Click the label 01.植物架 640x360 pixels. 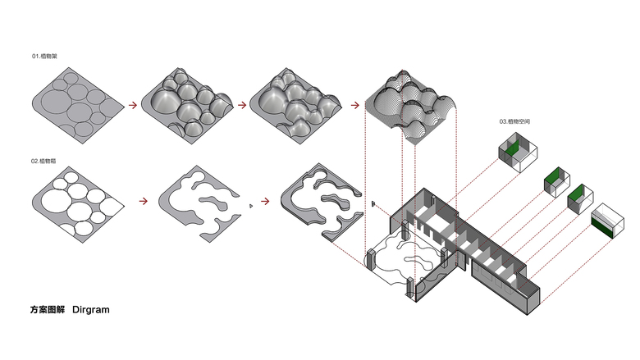44,57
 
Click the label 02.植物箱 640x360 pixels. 44,162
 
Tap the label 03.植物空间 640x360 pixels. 515,121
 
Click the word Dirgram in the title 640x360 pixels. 90,310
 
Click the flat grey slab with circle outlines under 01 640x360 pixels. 75,104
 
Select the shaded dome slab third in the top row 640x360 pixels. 294,105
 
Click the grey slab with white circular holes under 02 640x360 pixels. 75,206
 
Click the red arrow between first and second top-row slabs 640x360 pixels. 130,105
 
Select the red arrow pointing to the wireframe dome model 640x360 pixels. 353,105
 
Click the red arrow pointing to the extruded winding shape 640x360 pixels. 265,199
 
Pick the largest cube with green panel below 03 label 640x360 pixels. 517,151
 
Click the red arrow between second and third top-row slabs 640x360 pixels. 241,105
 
